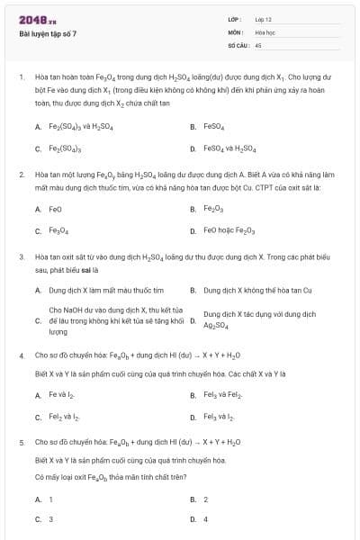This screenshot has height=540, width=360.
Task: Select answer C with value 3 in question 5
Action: (50, 519)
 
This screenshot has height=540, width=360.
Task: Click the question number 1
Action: (21, 77)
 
